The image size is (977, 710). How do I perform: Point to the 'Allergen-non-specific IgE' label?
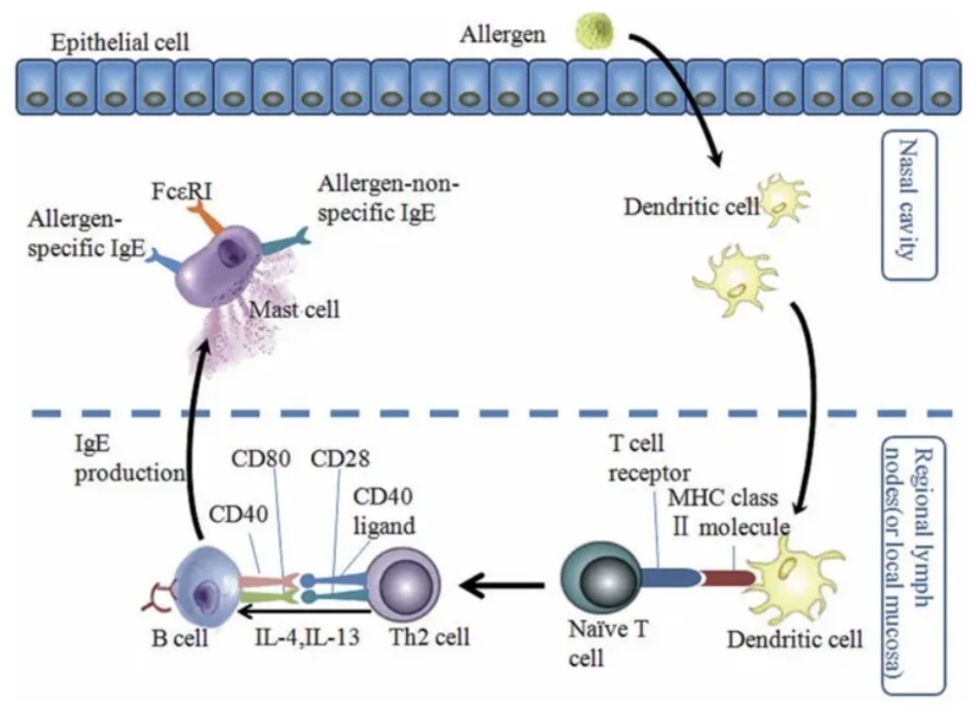coord(388,200)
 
